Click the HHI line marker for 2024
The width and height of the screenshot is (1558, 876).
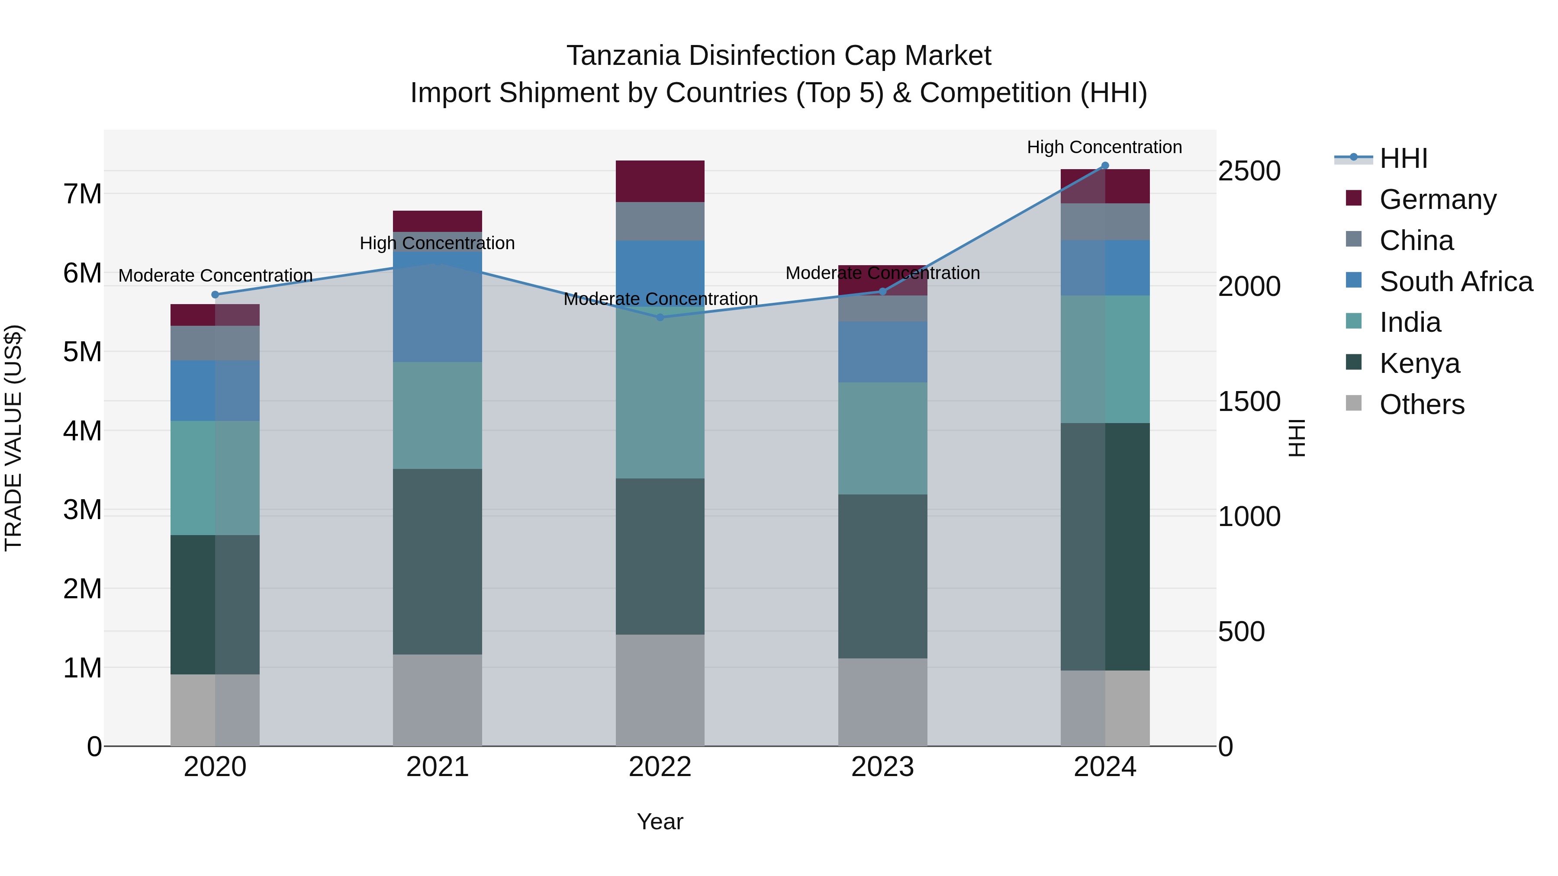pyautogui.click(x=1105, y=166)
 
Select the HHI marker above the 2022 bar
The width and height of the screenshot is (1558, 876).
pyautogui.click(x=660, y=318)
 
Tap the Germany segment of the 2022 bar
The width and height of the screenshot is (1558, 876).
pyautogui.click(x=660, y=181)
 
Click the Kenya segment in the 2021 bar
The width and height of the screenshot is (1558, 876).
pyautogui.click(x=437, y=562)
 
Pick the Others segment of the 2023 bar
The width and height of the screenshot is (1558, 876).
pyautogui.click(x=882, y=702)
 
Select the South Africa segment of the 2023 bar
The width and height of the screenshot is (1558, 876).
pyautogui.click(x=882, y=352)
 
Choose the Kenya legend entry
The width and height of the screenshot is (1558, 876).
pyautogui.click(x=1419, y=363)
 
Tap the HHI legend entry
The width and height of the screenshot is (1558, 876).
pyautogui.click(x=1403, y=158)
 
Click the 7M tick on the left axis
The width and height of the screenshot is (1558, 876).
pyautogui.click(x=83, y=194)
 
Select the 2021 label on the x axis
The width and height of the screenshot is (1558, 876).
pyautogui.click(x=437, y=767)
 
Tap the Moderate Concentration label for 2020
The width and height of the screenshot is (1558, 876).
pyautogui.click(x=216, y=276)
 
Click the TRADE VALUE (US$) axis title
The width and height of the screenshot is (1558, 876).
pyautogui.click(x=13, y=438)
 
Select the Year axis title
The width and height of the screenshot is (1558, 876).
pyautogui.click(x=660, y=821)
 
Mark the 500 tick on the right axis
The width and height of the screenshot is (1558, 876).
pyautogui.click(x=1241, y=632)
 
